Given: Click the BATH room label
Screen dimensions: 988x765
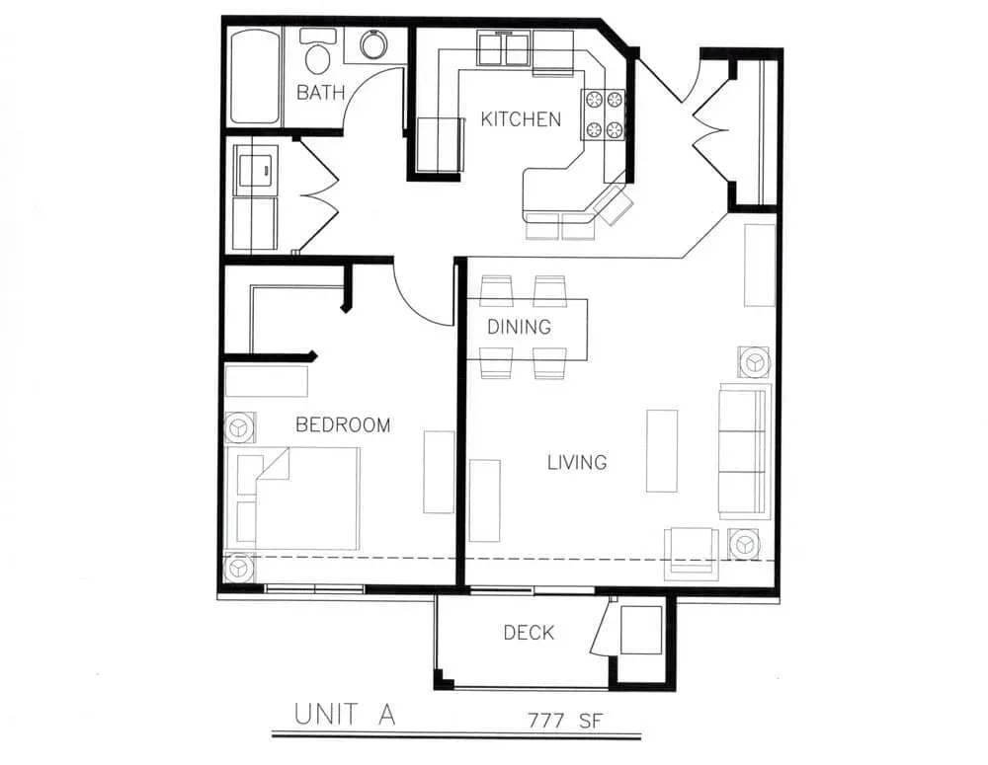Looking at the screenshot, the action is (320, 93).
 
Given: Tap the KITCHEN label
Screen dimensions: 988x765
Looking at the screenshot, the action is (521, 119).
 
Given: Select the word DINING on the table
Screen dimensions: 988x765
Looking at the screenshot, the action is (520, 326).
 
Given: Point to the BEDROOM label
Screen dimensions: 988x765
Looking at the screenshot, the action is (343, 425).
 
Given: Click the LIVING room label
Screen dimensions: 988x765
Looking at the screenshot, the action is (577, 463).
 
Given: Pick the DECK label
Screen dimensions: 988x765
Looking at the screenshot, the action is (529, 632).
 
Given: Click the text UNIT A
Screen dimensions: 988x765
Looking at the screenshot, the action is (345, 715).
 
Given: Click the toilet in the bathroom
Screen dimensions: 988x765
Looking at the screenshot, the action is (317, 51).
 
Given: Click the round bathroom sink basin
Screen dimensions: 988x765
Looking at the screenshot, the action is (374, 44).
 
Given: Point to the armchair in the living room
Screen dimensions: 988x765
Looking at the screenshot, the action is (692, 552).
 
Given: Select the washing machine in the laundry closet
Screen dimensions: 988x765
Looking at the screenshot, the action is (255, 166).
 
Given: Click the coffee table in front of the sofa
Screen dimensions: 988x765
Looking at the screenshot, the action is (662, 451).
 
